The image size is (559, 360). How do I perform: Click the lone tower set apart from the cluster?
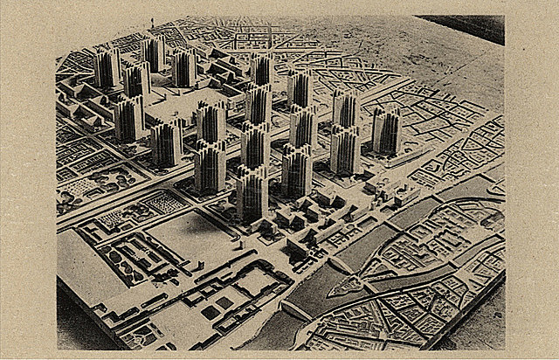pyautogui.click(x=385, y=131)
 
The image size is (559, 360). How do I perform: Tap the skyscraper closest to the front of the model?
pyautogui.click(x=252, y=192)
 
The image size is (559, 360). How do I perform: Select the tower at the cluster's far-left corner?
pyautogui.click(x=107, y=67)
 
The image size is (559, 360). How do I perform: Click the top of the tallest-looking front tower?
pyautogui.click(x=252, y=170)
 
